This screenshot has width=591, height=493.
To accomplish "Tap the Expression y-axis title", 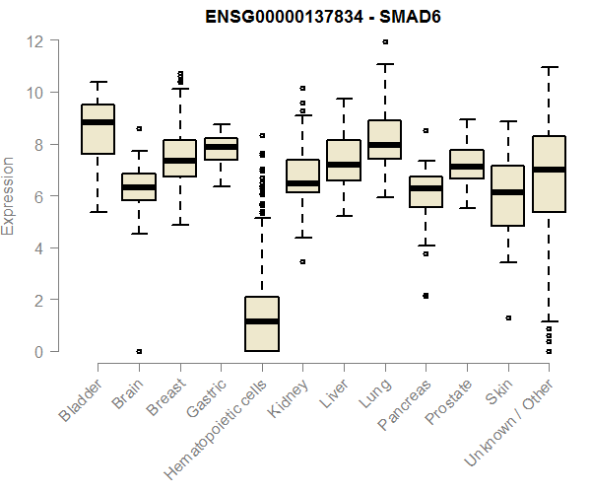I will [x=9, y=195].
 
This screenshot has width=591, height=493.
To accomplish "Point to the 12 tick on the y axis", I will [x=36, y=41].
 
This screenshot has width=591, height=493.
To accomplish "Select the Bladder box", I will [x=98, y=129].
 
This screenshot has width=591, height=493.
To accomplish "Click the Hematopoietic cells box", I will [x=261, y=323].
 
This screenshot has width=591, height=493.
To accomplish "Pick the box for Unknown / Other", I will [x=548, y=174].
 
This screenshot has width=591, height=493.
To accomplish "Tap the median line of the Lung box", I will [x=384, y=145].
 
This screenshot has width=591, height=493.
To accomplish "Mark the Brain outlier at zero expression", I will [x=139, y=351].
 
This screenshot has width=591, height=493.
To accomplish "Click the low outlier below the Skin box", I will [x=507, y=317].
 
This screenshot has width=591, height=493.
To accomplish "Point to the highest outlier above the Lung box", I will [x=384, y=42].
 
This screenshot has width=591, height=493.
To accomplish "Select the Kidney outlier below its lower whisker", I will [x=302, y=261].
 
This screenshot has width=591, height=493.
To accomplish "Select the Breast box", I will [x=179, y=159].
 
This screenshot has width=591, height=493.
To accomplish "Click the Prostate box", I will [x=466, y=165].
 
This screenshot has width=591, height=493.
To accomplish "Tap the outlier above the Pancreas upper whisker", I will [x=426, y=130].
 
